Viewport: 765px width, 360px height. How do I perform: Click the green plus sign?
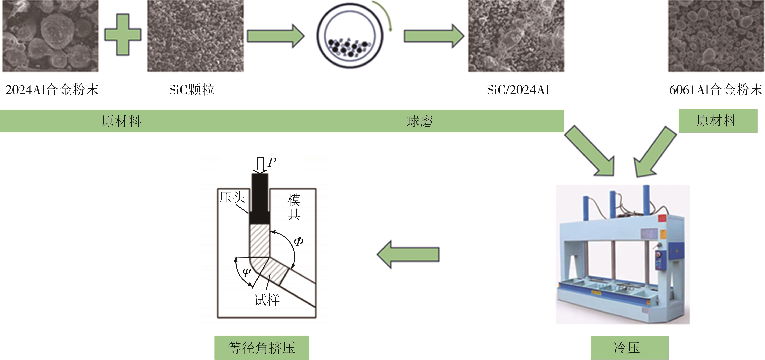click(x=123, y=35)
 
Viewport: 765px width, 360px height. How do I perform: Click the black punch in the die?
click(x=260, y=199)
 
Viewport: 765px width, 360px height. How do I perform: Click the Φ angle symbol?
click(x=298, y=241)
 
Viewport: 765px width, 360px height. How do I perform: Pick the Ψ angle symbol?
click(x=246, y=272)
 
